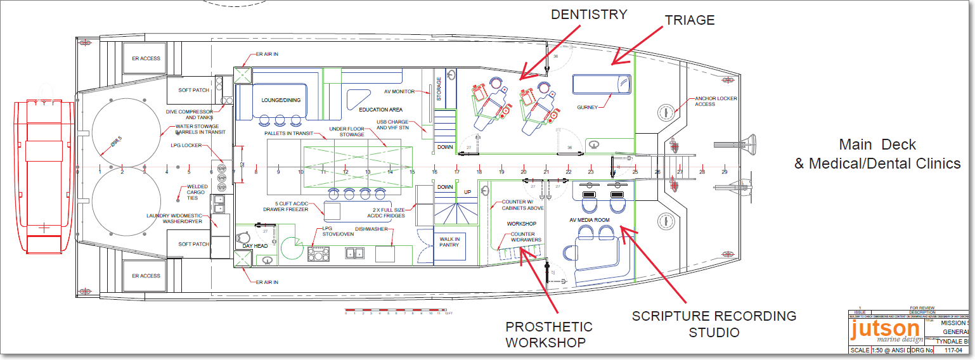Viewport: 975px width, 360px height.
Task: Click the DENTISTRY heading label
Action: pyautogui.click(x=589, y=14)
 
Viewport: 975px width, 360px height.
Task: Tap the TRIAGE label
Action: pyautogui.click(x=690, y=20)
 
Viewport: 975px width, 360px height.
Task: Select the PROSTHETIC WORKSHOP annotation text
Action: pyautogui.click(x=549, y=335)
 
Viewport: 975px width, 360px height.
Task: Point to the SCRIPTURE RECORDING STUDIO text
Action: pyautogui.click(x=714, y=324)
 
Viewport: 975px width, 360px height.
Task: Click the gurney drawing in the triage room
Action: pyautogui.click(x=602, y=85)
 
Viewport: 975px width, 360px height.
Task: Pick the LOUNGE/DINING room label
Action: pyautogui.click(x=281, y=100)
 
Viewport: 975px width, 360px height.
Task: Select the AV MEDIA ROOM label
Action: pyautogui.click(x=589, y=220)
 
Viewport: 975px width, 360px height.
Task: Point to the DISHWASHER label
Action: pyautogui.click(x=371, y=229)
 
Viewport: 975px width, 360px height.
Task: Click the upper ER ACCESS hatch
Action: pyautogui.click(x=146, y=58)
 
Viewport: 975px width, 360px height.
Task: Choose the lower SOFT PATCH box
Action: pyautogui.click(x=193, y=244)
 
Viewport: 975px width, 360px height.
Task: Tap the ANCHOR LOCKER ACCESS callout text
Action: pyautogui.click(x=714, y=101)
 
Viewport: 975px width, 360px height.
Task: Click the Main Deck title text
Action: pyautogui.click(x=877, y=145)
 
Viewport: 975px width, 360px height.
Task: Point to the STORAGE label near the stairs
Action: pyautogui.click(x=438, y=89)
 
